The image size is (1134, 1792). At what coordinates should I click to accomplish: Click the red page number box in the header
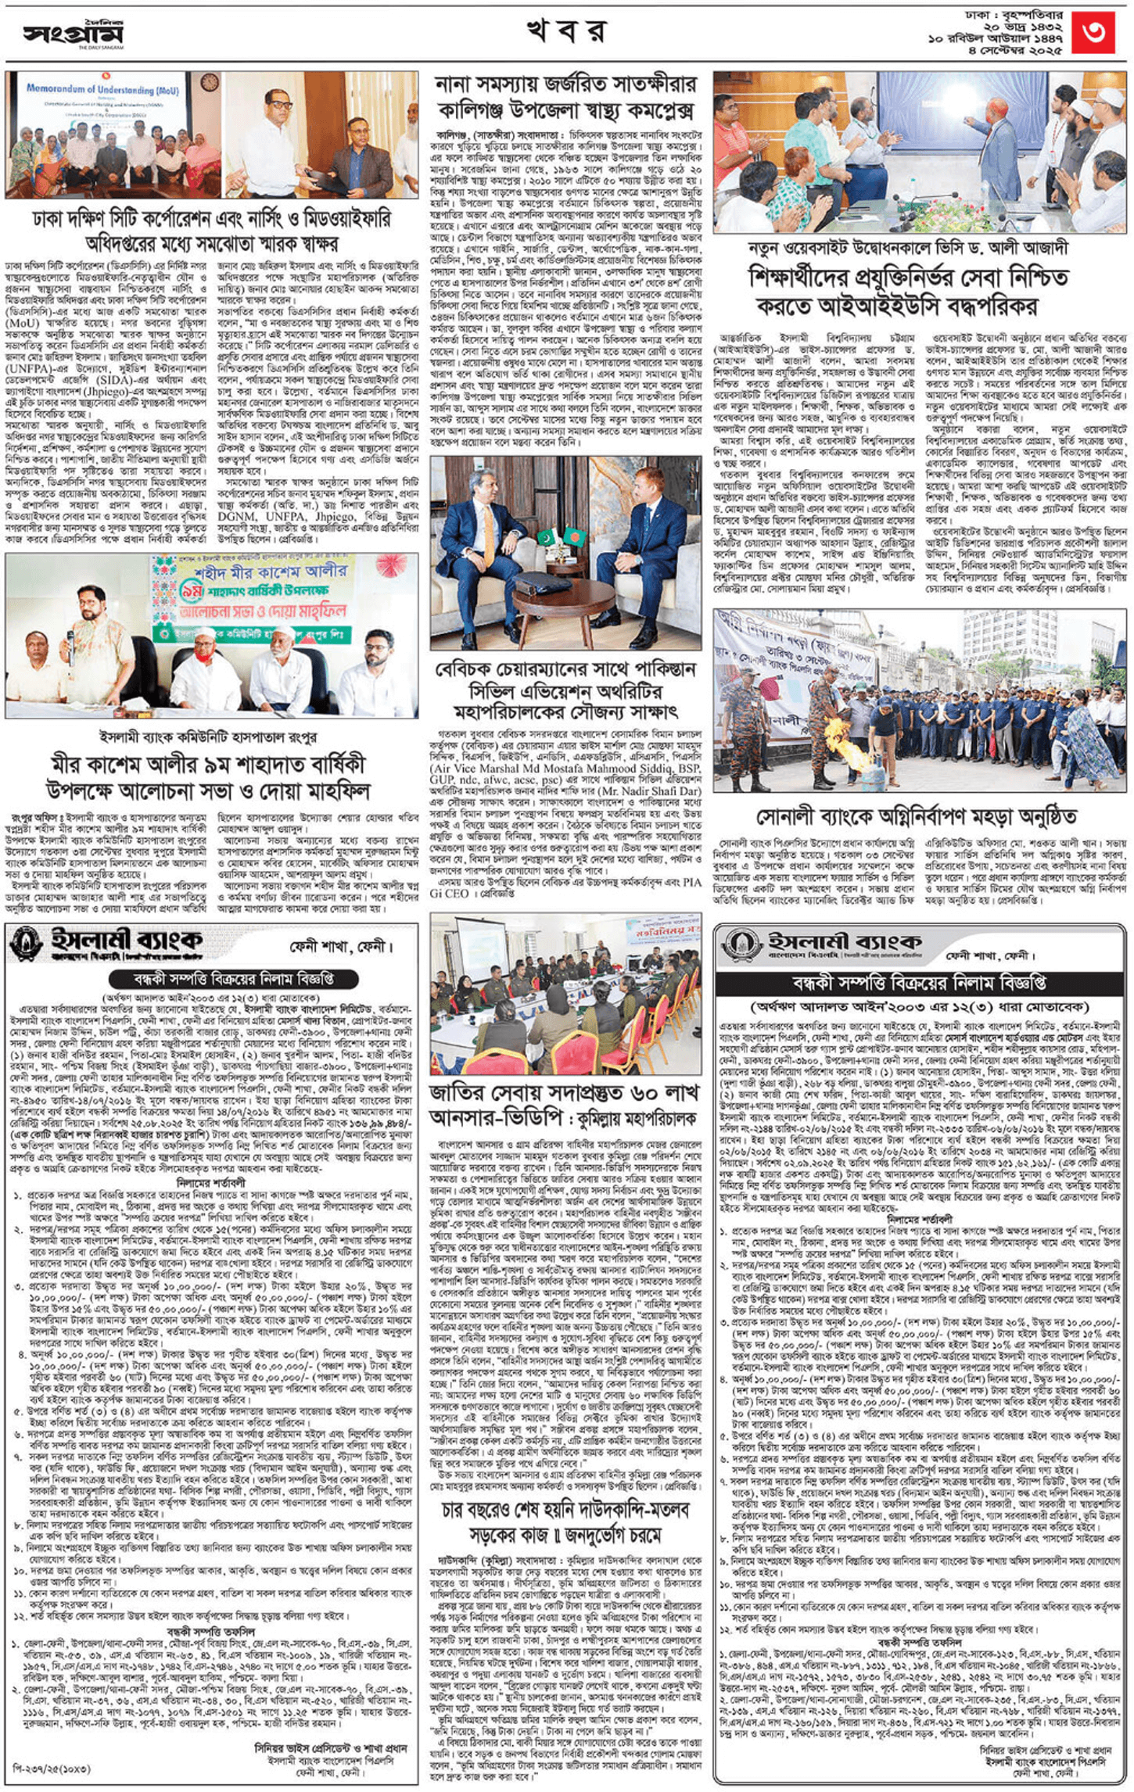pos(1092,32)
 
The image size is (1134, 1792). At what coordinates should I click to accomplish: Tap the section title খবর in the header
pos(566,31)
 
